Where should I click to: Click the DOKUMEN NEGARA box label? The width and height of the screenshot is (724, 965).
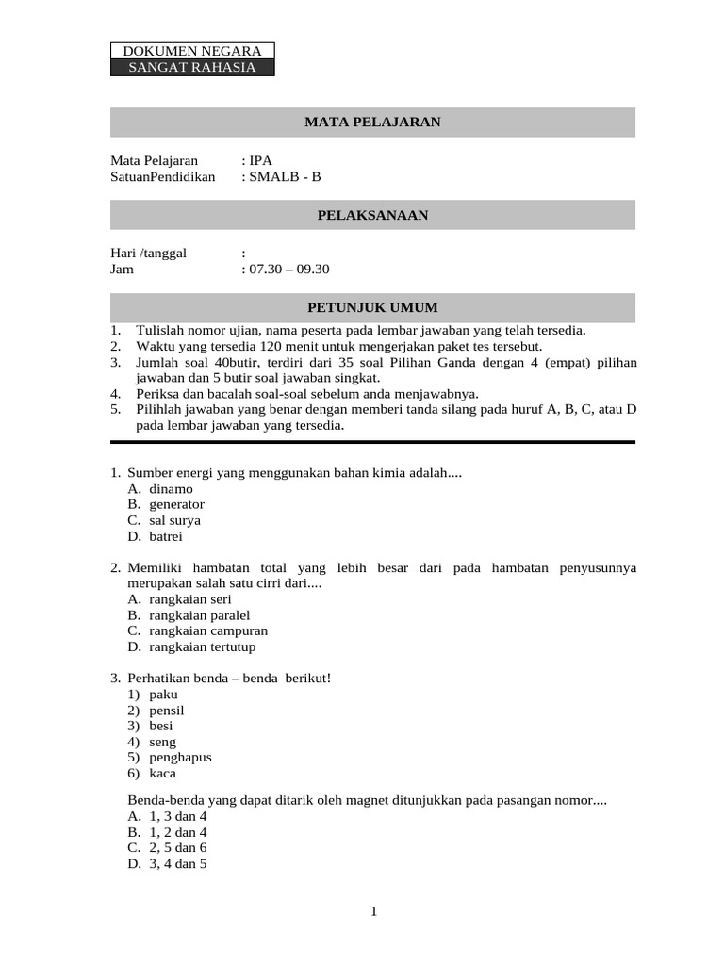[192, 51]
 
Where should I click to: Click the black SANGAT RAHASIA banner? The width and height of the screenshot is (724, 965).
[192, 67]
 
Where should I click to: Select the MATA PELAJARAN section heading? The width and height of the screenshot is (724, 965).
[372, 123]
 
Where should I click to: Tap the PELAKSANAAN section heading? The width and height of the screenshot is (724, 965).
[372, 216]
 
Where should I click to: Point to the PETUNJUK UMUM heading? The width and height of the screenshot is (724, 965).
[372, 308]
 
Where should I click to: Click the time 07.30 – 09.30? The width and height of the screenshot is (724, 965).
[288, 269]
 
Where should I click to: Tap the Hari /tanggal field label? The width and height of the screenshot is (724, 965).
[149, 253]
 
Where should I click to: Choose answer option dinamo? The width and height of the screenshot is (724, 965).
[171, 488]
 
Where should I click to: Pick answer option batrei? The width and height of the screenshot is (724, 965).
[166, 536]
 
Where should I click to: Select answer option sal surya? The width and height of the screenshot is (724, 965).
[174, 520]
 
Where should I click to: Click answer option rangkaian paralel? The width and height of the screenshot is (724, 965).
[200, 615]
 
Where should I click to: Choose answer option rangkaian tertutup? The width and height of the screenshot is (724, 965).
[202, 647]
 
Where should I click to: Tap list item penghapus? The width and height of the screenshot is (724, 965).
[180, 758]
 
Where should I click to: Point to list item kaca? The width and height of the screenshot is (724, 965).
[163, 774]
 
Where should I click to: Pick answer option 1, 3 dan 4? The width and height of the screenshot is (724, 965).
[178, 816]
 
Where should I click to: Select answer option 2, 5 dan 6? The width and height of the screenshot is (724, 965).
[178, 848]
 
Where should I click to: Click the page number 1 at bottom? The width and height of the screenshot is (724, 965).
[373, 910]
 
